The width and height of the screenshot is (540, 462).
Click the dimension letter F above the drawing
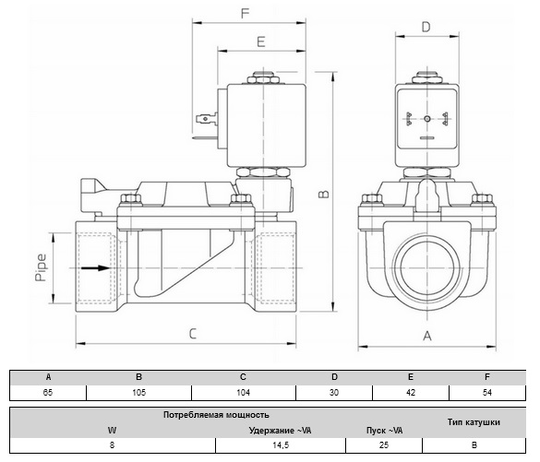coord(245,14)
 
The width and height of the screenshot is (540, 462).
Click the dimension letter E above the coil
coord(261,42)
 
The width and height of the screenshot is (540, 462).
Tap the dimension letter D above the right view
coord(426,27)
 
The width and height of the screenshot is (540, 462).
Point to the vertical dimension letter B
coord(323,195)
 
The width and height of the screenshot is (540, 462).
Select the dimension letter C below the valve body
coord(193,334)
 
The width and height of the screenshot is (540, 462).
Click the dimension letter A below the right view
coord(427,336)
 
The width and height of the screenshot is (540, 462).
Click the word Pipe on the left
coord(41,267)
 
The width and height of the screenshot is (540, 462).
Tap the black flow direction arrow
coord(95,267)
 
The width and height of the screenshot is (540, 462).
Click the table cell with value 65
coord(48,393)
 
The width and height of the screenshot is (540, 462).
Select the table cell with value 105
coord(138,393)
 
